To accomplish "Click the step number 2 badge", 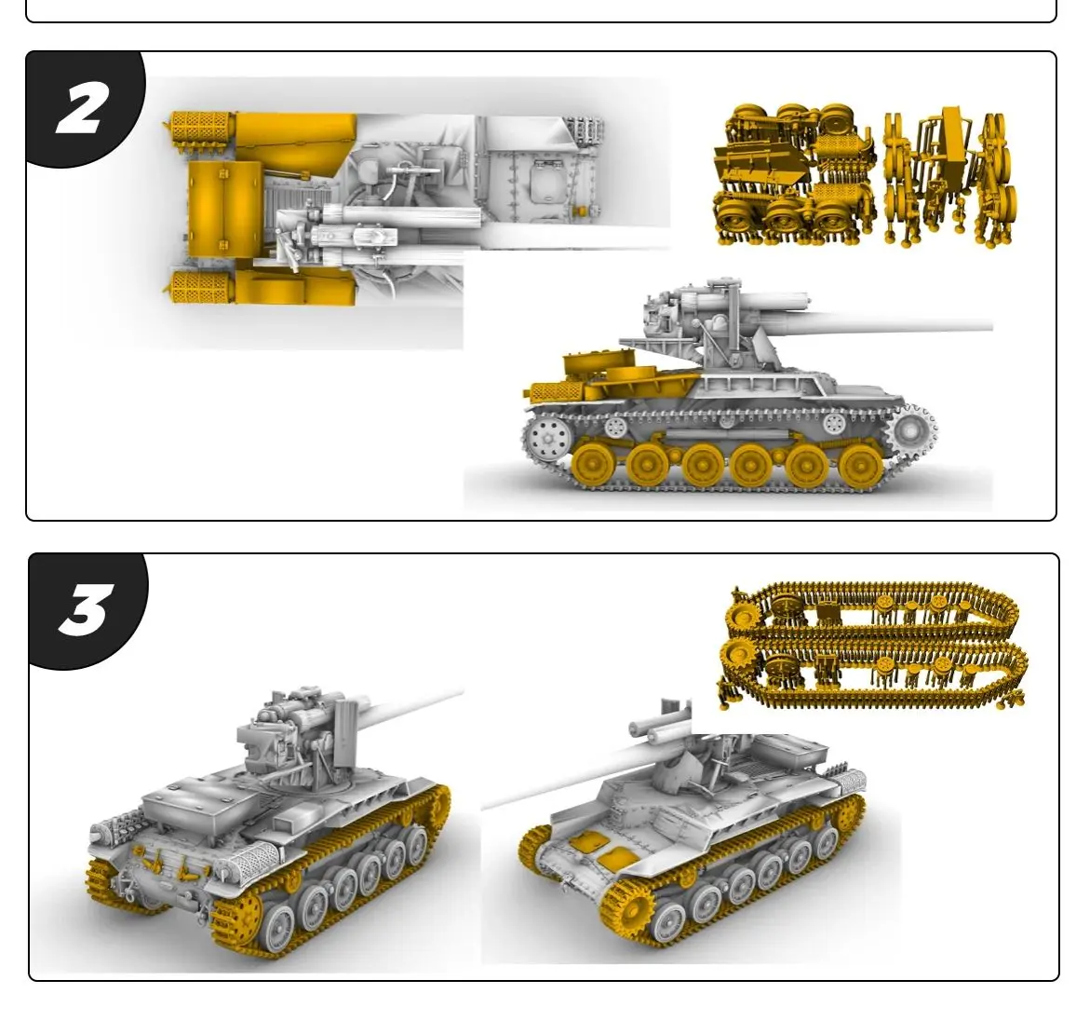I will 82,109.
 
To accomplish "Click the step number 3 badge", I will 85,610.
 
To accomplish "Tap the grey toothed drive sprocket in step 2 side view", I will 910,432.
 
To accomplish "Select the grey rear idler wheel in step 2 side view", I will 547,437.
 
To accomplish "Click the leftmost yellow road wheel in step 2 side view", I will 593,463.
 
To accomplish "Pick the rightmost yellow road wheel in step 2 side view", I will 858,464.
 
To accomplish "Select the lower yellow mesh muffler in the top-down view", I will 200,286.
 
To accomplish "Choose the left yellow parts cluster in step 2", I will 794,175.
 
